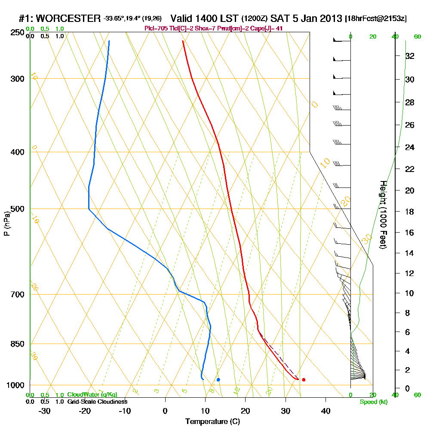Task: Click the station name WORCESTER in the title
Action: pos(69,18)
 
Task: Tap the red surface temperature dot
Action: pos(304,380)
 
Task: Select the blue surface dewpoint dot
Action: pos(218,380)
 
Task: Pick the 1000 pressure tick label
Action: pos(15,385)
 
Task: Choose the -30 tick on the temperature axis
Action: pos(45,411)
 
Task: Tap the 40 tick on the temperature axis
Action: pos(326,411)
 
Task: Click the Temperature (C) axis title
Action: pos(212,422)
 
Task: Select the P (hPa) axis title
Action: pos(6,224)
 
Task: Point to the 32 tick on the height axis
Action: pos(409,56)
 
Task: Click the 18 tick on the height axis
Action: pos(409,212)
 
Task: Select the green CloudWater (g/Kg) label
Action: pos(92,395)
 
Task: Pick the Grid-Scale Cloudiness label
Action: pos(97,402)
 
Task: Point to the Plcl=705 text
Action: pos(155,28)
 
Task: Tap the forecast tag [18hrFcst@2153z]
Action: pos(376,19)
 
